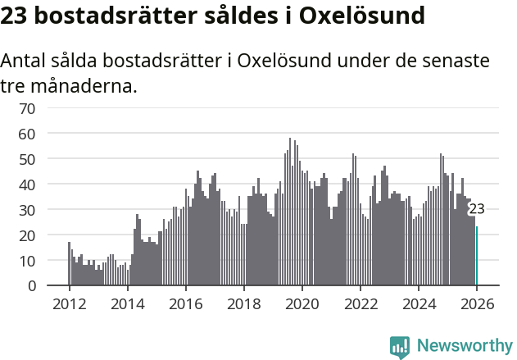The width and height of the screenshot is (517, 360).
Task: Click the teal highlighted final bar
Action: click(x=477, y=256)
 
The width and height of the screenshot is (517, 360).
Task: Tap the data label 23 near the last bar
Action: click(x=476, y=210)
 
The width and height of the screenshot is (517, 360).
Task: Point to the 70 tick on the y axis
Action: click(x=27, y=108)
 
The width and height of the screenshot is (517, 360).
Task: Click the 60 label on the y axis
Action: click(x=27, y=134)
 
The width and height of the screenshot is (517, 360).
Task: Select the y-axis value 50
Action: click(x=27, y=159)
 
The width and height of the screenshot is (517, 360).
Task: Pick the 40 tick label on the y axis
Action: click(x=27, y=185)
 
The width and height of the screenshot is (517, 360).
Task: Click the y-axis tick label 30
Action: click(x=27, y=210)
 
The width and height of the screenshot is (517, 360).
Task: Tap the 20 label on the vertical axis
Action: click(x=27, y=235)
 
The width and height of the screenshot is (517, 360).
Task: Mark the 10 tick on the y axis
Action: click(x=27, y=261)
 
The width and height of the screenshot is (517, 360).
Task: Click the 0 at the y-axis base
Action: click(x=31, y=286)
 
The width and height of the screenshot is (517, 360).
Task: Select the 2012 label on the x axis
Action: click(x=69, y=304)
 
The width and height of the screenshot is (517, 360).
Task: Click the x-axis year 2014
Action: click(x=127, y=304)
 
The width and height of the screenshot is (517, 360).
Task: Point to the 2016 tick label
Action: click(x=185, y=304)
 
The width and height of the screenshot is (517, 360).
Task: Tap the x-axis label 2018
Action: click(x=243, y=304)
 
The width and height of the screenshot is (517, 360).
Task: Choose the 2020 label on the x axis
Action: click(x=302, y=304)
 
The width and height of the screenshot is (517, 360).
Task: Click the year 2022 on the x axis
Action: click(x=360, y=304)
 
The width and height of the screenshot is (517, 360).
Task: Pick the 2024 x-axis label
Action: click(x=418, y=304)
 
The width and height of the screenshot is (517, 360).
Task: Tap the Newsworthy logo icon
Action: click(x=400, y=347)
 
